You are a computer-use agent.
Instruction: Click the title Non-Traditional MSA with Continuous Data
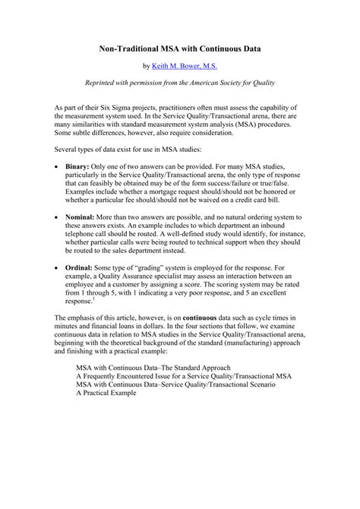coord(180,47)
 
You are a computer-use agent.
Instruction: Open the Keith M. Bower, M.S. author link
coord(185,66)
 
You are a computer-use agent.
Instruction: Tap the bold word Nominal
coord(82,217)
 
